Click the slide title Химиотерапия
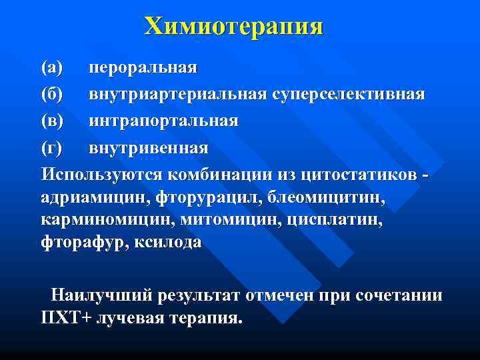[234, 26]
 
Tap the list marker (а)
[51, 67]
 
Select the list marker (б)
[52, 94]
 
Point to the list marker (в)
[51, 121]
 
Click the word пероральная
[143, 67]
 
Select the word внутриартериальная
[178, 94]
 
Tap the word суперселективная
[348, 94]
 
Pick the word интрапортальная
[164, 121]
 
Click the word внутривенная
[149, 147]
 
